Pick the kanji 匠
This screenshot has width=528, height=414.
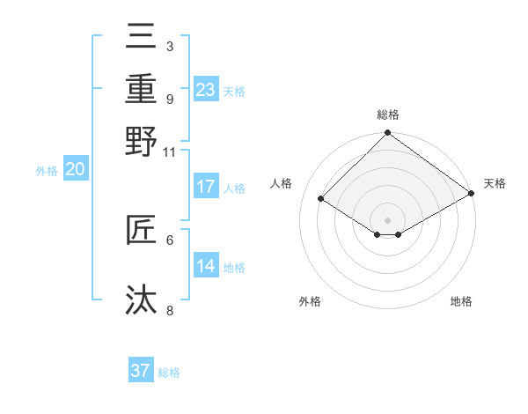click(141, 230)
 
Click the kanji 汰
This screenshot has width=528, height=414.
click(141, 299)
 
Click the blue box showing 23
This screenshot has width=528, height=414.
click(205, 90)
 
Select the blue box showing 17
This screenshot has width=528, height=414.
click(205, 187)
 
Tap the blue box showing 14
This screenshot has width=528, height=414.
click(205, 266)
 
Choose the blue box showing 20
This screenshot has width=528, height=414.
click(75, 170)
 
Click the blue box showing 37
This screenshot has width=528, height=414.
click(141, 371)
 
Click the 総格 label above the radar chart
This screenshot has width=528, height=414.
click(388, 115)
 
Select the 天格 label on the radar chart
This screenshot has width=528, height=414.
click(495, 183)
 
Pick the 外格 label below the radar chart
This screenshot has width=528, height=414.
click(310, 301)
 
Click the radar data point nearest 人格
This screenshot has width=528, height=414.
click(322, 199)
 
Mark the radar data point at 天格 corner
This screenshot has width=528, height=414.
click(472, 194)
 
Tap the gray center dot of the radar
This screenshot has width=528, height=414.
click(388, 219)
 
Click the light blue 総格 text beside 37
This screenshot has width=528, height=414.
click(169, 373)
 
